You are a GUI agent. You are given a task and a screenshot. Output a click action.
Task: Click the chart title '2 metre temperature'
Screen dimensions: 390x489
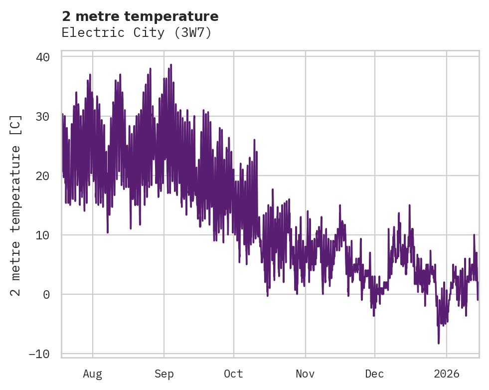pyautogui.click(x=140, y=16)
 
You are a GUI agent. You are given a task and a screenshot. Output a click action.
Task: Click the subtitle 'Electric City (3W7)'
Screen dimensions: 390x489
pyautogui.click(x=137, y=33)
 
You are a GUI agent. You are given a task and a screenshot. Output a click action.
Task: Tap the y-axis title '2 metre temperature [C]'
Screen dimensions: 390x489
pyautogui.click(x=16, y=205)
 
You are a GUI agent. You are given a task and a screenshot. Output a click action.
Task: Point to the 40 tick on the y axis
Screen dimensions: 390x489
pyautogui.click(x=43, y=57)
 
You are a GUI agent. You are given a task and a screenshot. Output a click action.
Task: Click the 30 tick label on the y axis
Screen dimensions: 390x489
pyautogui.click(x=43, y=117)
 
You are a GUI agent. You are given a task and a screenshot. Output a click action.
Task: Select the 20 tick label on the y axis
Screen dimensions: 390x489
pyautogui.click(x=43, y=176)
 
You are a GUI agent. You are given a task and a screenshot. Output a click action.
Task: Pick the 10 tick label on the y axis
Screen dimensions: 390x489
pyautogui.click(x=43, y=235)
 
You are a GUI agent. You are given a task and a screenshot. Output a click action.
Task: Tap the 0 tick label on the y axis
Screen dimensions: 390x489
pyautogui.click(x=46, y=294)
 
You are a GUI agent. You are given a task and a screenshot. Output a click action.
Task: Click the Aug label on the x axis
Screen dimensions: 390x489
pyautogui.click(x=92, y=374)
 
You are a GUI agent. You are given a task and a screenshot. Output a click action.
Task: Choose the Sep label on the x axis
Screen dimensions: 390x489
pyautogui.click(x=163, y=374)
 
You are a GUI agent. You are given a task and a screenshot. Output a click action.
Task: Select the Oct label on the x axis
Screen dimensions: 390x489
pyautogui.click(x=233, y=374)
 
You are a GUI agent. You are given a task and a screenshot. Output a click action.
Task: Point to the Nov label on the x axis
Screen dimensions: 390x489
pyautogui.click(x=305, y=374)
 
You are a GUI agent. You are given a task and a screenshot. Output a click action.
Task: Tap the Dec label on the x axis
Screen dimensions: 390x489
pyautogui.click(x=374, y=374)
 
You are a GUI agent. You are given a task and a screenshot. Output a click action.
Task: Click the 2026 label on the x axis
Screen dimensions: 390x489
pyautogui.click(x=447, y=374)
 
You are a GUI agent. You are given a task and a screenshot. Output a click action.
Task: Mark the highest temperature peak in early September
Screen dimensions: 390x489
pyautogui.click(x=170, y=65)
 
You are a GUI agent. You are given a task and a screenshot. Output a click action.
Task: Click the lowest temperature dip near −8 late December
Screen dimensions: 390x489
pyautogui.click(x=439, y=343)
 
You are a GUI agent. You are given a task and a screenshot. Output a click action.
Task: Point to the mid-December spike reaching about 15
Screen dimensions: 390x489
pyautogui.click(x=409, y=205)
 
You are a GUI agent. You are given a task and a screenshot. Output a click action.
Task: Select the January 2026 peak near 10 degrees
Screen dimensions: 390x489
pyautogui.click(x=474, y=235)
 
